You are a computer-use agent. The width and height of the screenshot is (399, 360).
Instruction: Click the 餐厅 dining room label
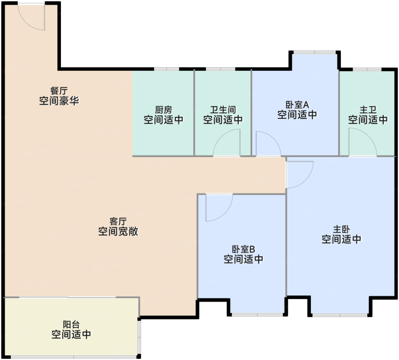[59, 91]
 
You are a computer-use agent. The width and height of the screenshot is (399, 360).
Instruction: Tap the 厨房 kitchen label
[164, 110]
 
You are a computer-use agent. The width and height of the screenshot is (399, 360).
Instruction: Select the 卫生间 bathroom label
[223, 110]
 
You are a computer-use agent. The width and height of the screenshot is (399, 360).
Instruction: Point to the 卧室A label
[297, 105]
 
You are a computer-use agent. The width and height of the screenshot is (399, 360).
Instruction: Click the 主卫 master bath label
[368, 110]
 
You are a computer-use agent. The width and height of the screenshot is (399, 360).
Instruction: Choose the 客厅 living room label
[118, 221]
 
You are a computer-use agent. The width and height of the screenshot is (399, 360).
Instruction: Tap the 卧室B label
[243, 249]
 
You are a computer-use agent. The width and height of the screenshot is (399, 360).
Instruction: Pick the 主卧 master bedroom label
[341, 229]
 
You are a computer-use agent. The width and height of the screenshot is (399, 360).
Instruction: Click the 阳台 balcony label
[71, 325]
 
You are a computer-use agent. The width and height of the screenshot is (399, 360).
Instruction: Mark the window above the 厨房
[166, 69]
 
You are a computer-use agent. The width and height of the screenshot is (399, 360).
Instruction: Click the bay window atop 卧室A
[315, 52]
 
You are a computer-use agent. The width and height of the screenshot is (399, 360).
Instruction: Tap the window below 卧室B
[257, 315]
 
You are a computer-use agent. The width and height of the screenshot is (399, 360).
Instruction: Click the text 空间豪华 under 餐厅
[59, 101]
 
